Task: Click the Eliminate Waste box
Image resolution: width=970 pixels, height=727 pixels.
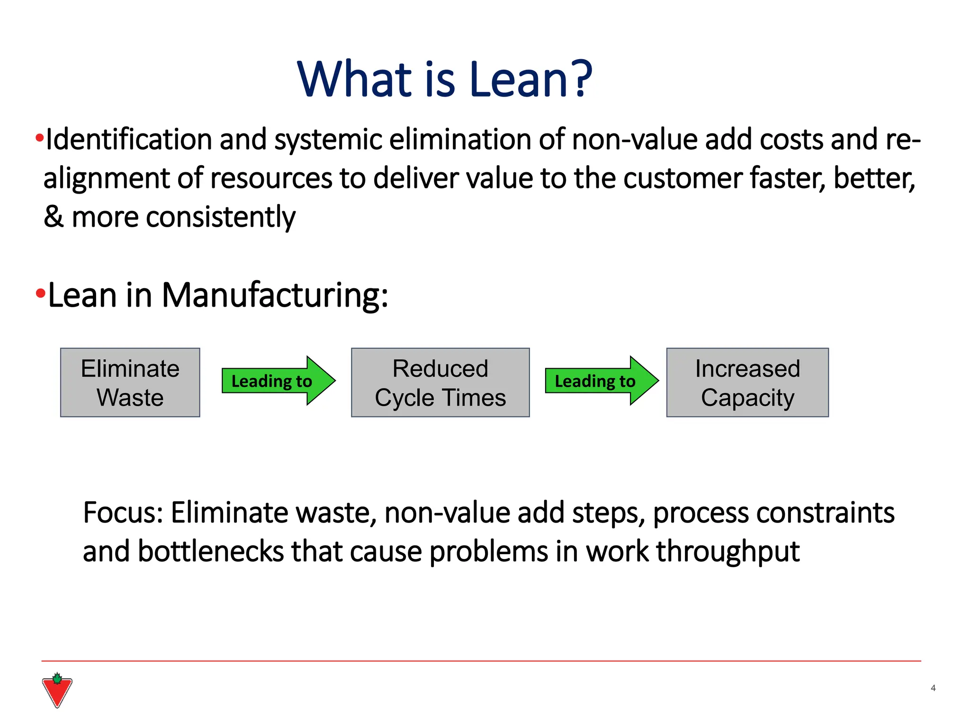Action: pyautogui.click(x=130, y=382)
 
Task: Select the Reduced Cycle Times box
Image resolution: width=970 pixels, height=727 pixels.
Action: pyautogui.click(x=440, y=382)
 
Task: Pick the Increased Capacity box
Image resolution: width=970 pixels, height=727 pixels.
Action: pyautogui.click(x=747, y=382)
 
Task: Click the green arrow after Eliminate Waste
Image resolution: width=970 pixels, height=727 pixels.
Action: pyautogui.click(x=278, y=381)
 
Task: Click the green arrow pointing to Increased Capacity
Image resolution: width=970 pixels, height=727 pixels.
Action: pyautogui.click(x=602, y=381)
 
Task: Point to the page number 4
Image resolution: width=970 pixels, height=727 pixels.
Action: pyautogui.click(x=933, y=688)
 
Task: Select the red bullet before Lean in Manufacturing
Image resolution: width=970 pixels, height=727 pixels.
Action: pyautogui.click(x=40, y=294)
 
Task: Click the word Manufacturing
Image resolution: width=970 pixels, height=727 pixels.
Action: pyautogui.click(x=275, y=296)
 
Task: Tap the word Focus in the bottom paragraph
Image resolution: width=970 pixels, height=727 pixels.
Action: pyautogui.click(x=122, y=513)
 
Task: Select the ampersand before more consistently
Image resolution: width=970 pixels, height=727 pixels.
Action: pyautogui.click(x=54, y=217)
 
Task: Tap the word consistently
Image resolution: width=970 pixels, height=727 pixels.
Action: pyautogui.click(x=221, y=218)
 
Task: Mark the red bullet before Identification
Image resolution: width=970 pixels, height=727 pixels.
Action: pyautogui.click(x=39, y=139)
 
